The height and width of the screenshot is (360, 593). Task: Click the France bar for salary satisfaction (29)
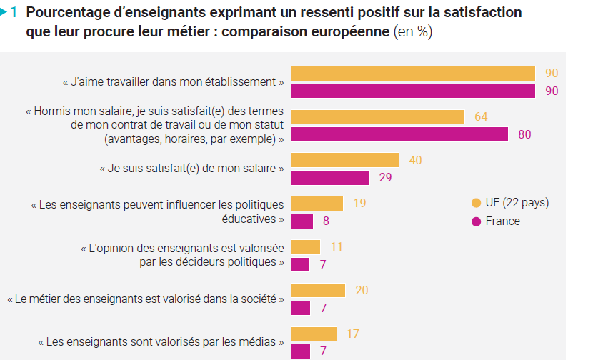pos(330,178)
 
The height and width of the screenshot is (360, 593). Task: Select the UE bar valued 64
pos(378,116)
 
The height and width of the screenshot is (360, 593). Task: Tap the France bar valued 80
pos(400,134)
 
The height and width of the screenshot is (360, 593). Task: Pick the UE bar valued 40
pos(345,160)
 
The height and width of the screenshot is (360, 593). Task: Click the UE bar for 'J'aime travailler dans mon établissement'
pos(414,73)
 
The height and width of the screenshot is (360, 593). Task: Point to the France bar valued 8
pos(303,221)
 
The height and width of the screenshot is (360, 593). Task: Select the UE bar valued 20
pos(319,290)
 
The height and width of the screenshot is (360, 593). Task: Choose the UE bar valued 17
pos(314,334)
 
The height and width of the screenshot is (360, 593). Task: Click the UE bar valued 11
pos(307,247)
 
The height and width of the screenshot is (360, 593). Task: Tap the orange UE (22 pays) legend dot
pos(477,203)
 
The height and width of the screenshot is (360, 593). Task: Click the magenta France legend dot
pos(477,221)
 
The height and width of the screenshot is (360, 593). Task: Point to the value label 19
pos(359,204)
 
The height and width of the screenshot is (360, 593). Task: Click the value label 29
pos(385,178)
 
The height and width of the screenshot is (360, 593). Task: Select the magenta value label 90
pos(551,91)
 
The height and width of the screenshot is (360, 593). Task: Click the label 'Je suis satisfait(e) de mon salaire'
pos(192,169)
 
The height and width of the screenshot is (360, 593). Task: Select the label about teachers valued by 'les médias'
pos(161,342)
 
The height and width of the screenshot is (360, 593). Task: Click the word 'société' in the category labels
pos(254,299)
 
